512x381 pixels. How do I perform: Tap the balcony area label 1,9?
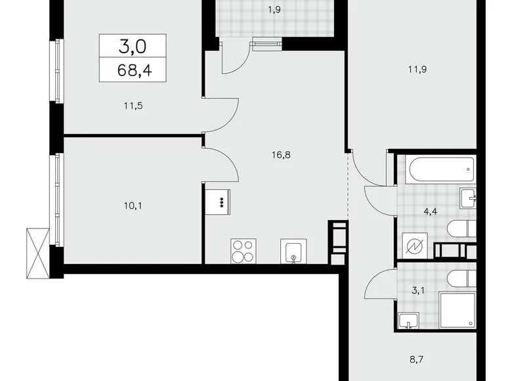pyautogui.click(x=276, y=10)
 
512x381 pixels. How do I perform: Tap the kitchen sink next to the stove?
pyautogui.click(x=294, y=250)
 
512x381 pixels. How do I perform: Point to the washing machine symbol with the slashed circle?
pyautogui.click(x=417, y=246)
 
